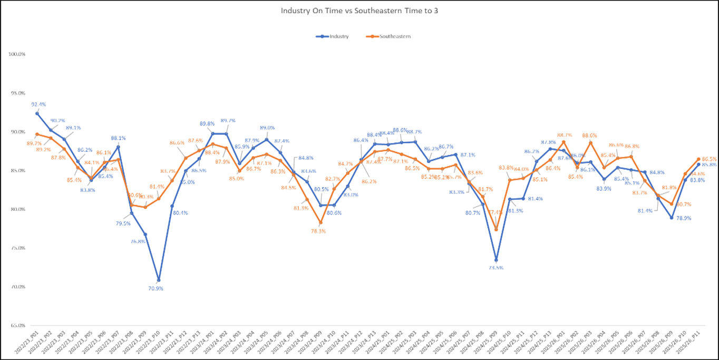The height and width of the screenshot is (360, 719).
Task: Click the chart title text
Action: (x=360, y=10)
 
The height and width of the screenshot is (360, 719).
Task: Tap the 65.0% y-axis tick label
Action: (x=18, y=326)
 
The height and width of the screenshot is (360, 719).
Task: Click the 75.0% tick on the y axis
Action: (x=18, y=248)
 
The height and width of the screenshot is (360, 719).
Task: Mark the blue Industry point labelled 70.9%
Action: (x=158, y=280)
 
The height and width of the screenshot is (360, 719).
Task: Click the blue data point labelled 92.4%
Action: (x=37, y=113)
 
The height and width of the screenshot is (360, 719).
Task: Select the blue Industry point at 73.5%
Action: (x=496, y=260)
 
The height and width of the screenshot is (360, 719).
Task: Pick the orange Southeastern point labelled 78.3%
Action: (x=320, y=222)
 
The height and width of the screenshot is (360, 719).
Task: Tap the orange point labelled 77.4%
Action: (x=496, y=229)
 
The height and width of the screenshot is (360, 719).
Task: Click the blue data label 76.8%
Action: (x=138, y=241)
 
